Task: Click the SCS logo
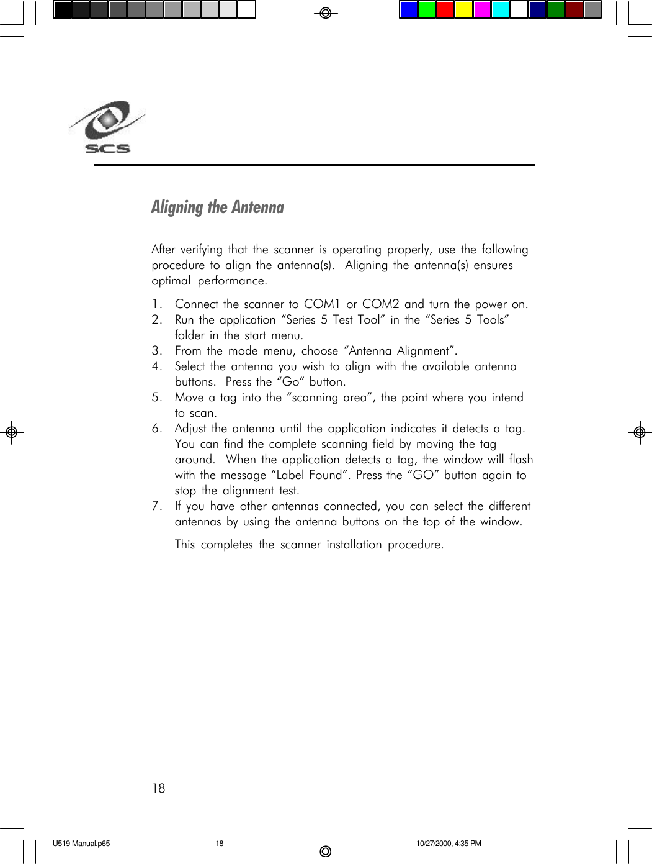(x=107, y=127)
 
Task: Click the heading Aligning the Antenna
(x=217, y=207)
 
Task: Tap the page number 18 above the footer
(x=159, y=788)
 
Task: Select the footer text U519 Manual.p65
(x=81, y=844)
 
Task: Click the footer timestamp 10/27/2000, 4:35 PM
(x=449, y=844)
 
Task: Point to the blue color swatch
(x=408, y=10)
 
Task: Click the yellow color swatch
(x=464, y=10)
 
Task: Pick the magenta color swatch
(x=482, y=10)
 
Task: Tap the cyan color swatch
(x=500, y=10)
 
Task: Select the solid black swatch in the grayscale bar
(x=63, y=10)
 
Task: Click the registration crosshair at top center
(x=326, y=12)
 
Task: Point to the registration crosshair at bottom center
(x=326, y=851)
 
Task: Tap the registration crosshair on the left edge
(x=11, y=432)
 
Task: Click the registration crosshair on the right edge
(x=640, y=432)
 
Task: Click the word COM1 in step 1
(x=322, y=304)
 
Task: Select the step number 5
(x=156, y=398)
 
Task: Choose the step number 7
(x=156, y=506)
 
